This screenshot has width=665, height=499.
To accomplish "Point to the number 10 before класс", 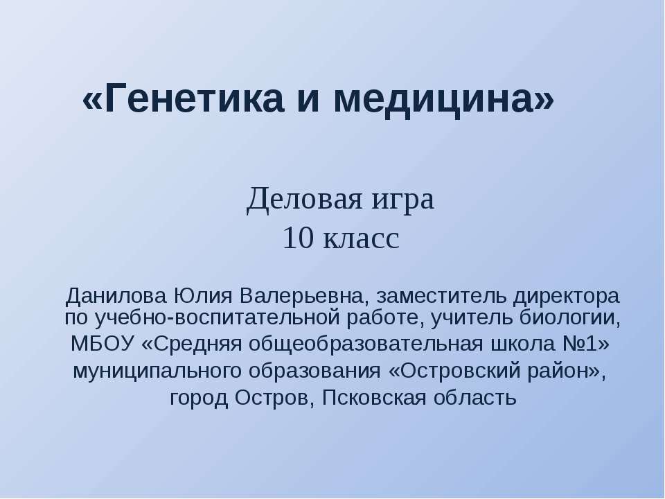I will pyautogui.click(x=296, y=239).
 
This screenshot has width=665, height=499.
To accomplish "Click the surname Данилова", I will pyautogui.click(x=114, y=297).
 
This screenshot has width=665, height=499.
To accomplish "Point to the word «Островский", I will pyautogui.click(x=457, y=371).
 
